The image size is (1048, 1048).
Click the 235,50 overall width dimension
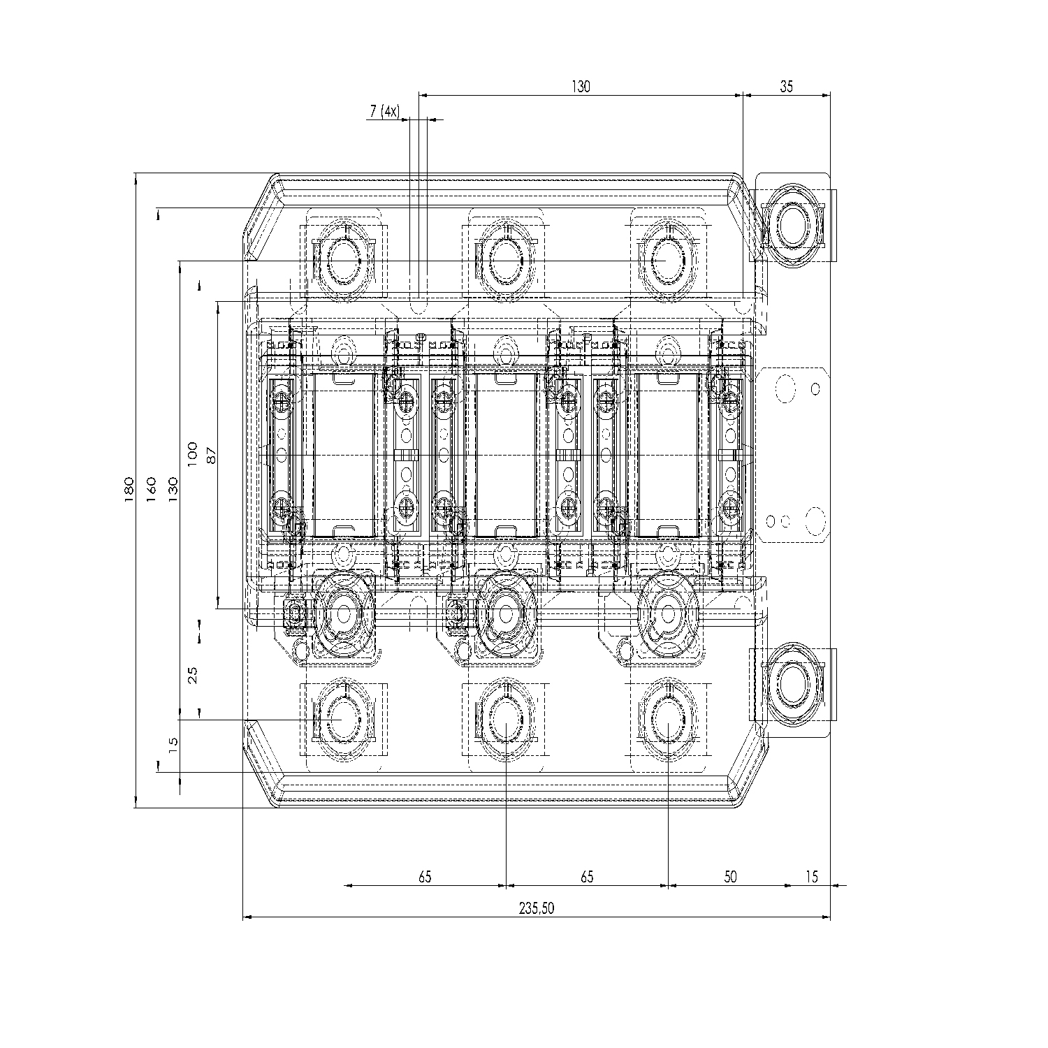tap(536, 908)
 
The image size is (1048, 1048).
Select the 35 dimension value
tap(786, 87)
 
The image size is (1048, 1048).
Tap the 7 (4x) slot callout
tap(384, 111)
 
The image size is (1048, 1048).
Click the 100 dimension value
tap(193, 454)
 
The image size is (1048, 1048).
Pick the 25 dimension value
tap(193, 674)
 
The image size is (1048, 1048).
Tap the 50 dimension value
tap(729, 876)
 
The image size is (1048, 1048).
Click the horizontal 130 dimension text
tap(581, 87)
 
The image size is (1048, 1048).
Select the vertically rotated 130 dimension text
tap(173, 489)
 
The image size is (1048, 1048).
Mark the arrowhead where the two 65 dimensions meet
tap(504, 885)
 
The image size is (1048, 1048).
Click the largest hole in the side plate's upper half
tap(785, 388)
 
